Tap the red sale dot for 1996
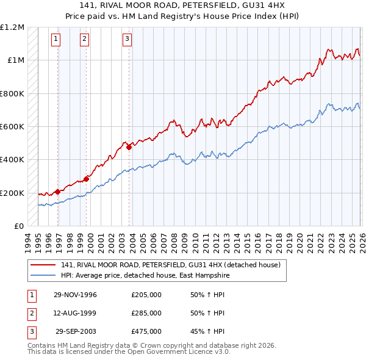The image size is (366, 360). [58, 192]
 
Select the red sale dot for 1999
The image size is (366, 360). [86, 179]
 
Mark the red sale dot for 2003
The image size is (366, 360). [129, 147]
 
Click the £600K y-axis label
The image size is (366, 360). [12, 127]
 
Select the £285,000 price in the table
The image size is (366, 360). [146, 313]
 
